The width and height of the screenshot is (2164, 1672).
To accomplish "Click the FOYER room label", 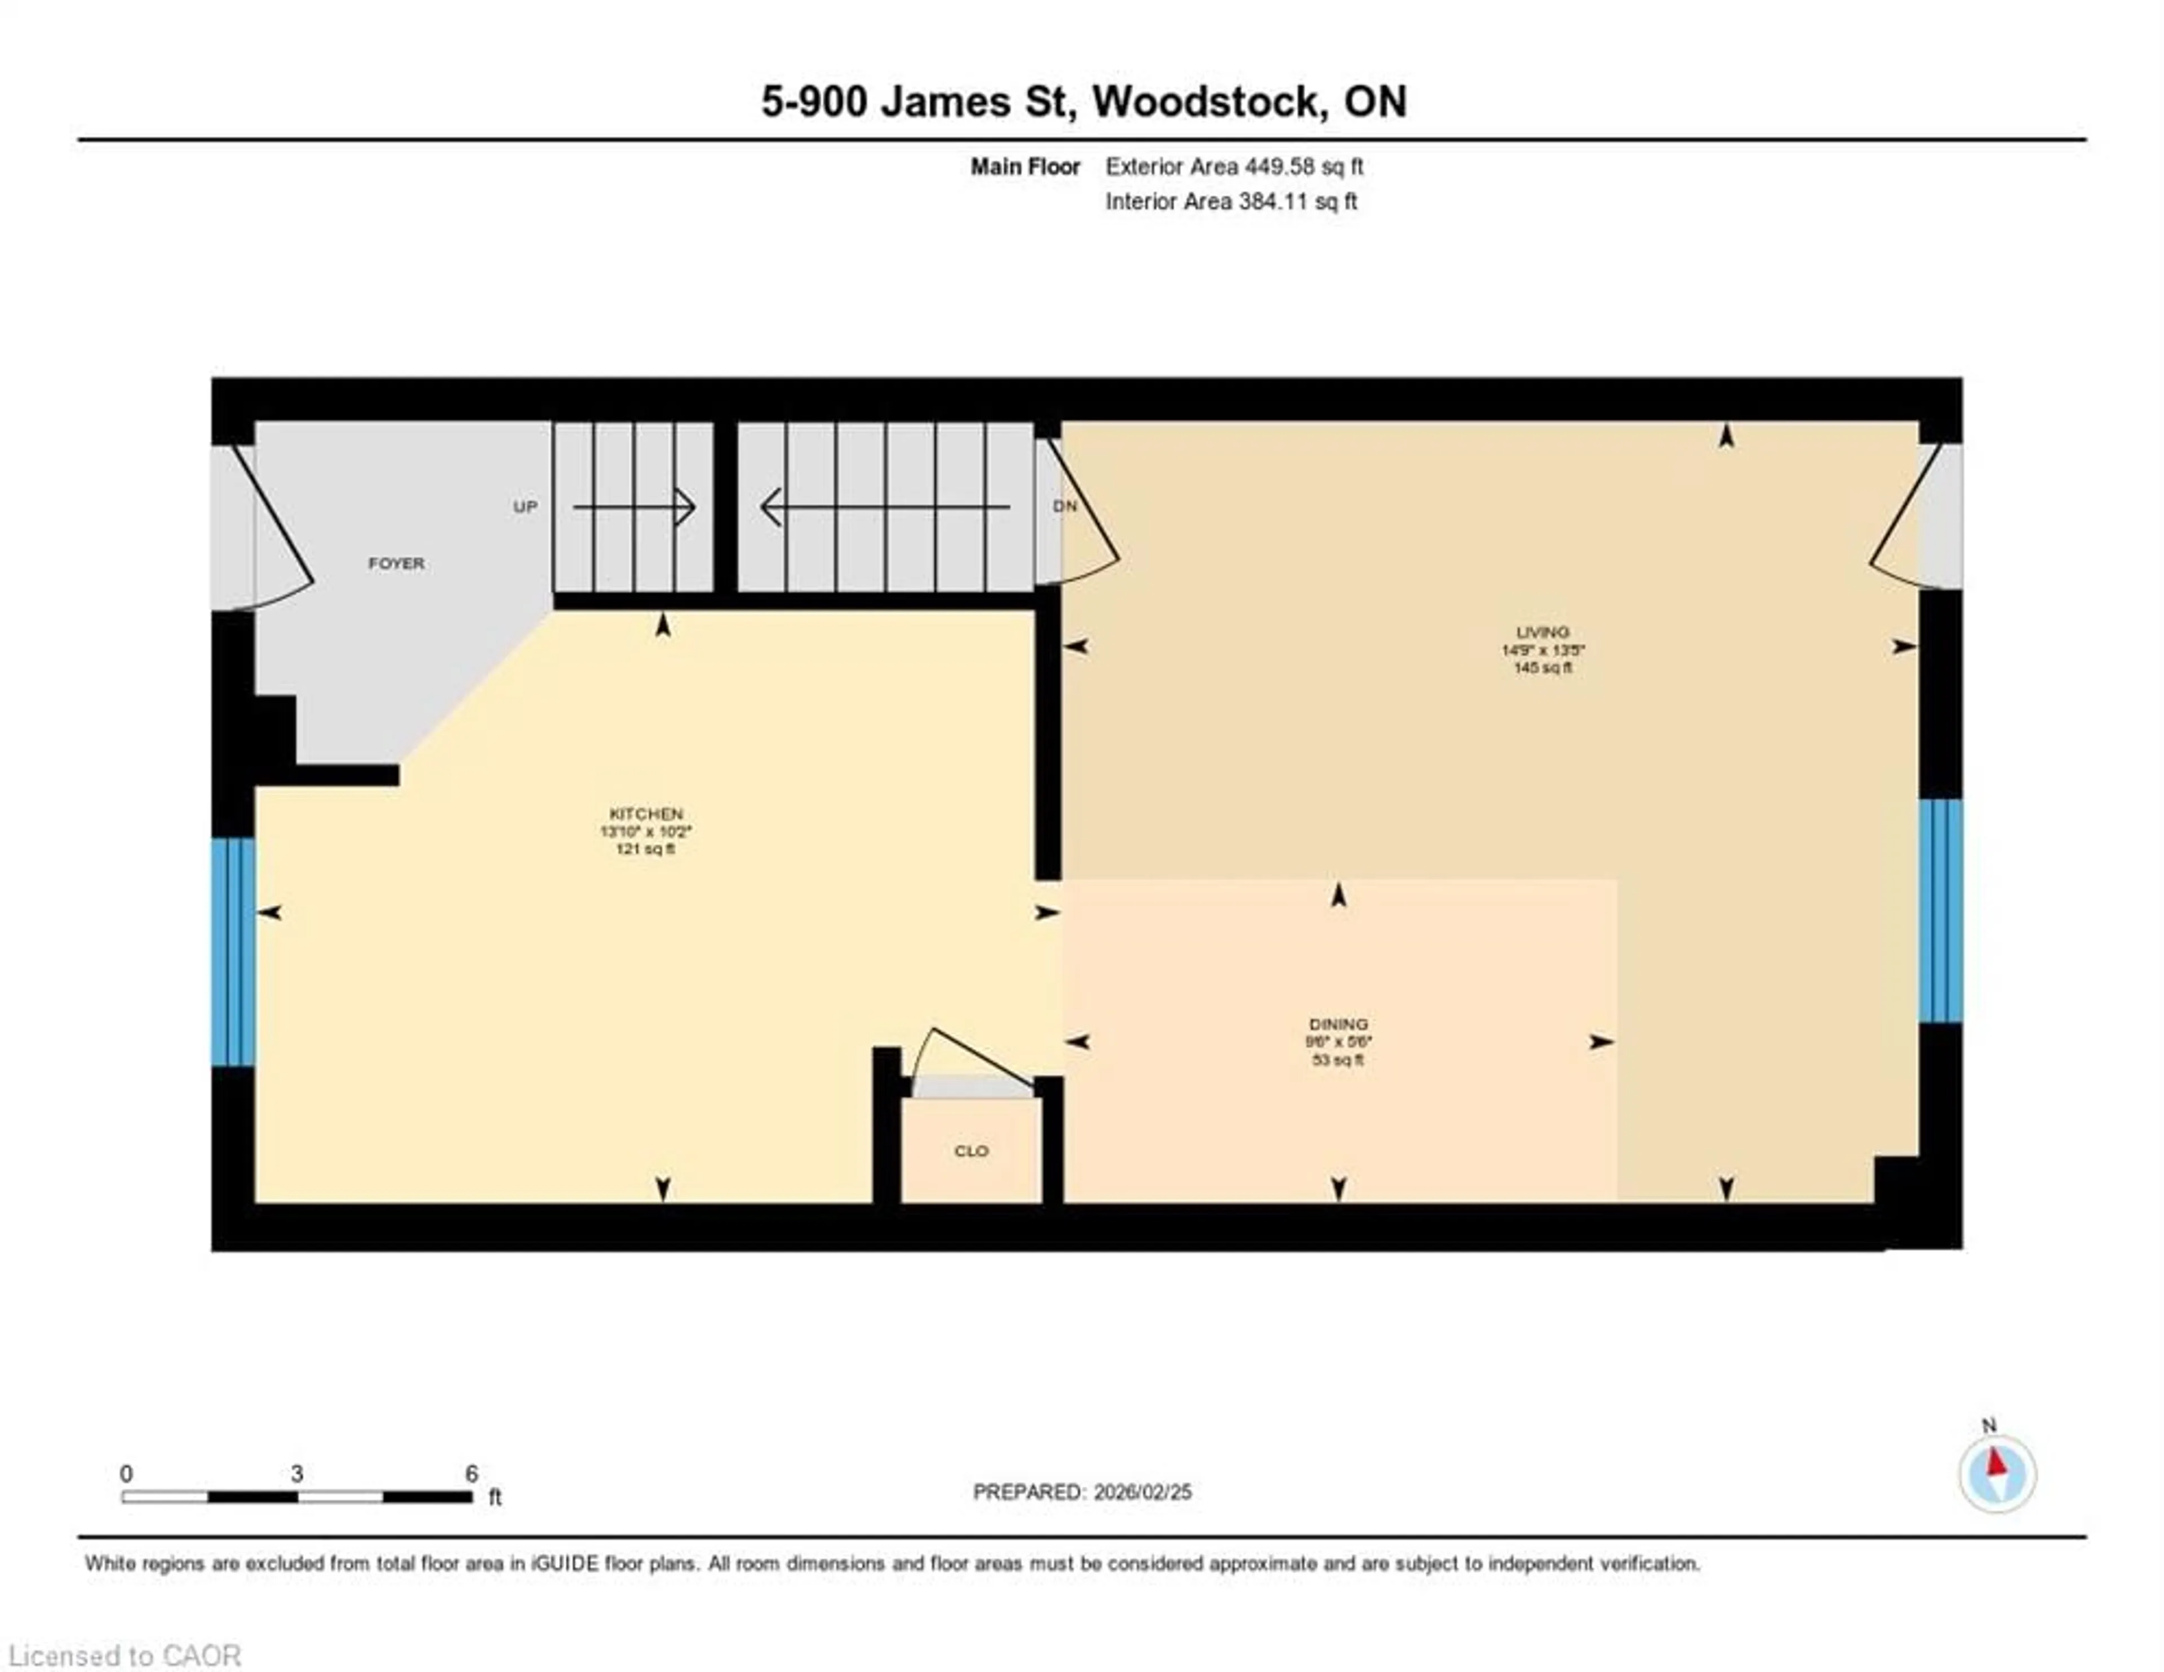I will pyautogui.click(x=396, y=563).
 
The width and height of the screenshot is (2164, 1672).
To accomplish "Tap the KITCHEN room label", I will pyautogui.click(x=646, y=814).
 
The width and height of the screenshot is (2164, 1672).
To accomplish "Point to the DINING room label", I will pyautogui.click(x=1338, y=1024).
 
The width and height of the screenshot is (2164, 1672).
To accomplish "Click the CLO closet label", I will pyautogui.click(x=971, y=1151).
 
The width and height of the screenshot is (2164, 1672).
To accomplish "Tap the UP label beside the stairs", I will pyautogui.click(x=525, y=507).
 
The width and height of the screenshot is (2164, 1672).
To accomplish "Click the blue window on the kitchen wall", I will pyautogui.click(x=233, y=951).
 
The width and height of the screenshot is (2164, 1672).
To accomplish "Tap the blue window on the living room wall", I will pyautogui.click(x=1940, y=910).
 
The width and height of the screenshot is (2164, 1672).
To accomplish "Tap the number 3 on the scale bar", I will pyautogui.click(x=296, y=1474).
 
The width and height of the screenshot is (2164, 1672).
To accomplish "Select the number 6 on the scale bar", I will pyautogui.click(x=472, y=1474).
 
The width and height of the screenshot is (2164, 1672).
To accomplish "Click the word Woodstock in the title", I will pyautogui.click(x=1210, y=102).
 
